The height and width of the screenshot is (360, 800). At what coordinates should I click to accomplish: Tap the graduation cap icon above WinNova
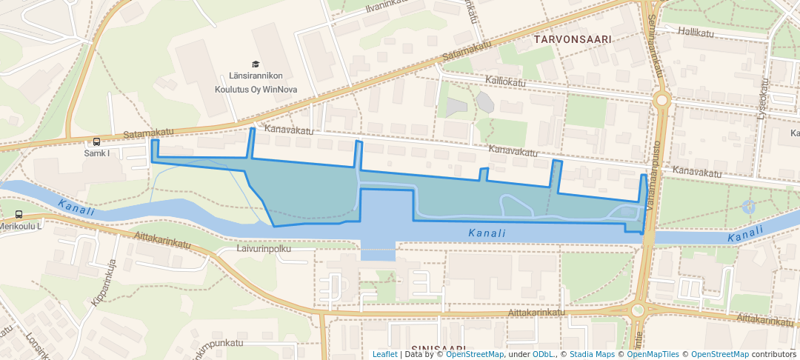(256, 64)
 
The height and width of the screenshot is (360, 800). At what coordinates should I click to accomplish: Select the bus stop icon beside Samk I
(96, 142)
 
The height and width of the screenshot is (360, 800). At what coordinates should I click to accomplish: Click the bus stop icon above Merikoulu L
(19, 215)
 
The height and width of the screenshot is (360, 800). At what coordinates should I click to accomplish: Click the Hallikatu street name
(694, 33)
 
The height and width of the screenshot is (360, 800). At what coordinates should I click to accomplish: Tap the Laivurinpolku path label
(264, 249)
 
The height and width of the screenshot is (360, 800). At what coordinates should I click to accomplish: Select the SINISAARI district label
(439, 349)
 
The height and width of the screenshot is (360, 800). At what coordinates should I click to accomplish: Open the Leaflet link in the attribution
(384, 355)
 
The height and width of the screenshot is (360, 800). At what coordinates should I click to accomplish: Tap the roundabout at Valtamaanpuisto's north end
(661, 99)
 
